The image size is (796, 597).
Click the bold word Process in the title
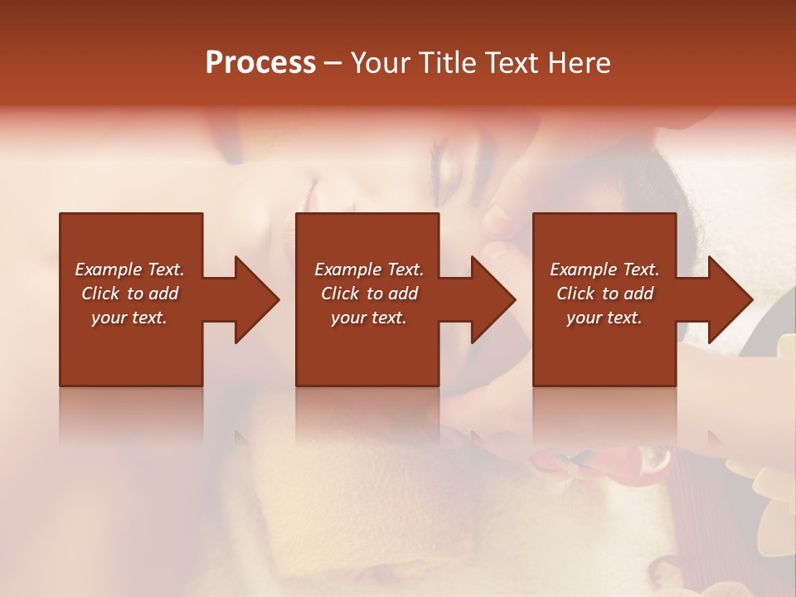click(x=260, y=63)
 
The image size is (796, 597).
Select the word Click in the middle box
click(x=341, y=294)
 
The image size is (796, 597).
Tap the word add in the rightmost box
click(x=639, y=294)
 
